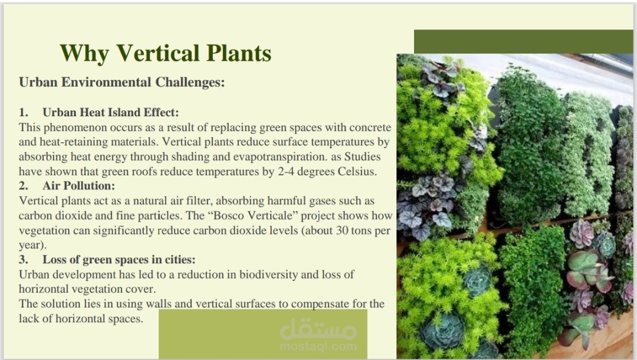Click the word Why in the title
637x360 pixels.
(x=84, y=54)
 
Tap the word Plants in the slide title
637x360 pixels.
(x=239, y=53)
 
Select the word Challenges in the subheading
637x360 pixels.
(x=190, y=83)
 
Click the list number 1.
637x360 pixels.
(x=23, y=112)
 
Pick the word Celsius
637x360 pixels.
(x=357, y=172)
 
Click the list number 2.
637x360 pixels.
(x=23, y=186)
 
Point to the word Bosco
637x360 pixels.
(x=228, y=215)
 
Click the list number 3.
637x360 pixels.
(x=23, y=260)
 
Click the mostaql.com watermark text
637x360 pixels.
(x=318, y=346)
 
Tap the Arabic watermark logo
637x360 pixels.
(x=318, y=329)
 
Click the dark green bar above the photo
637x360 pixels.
(x=523, y=41)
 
